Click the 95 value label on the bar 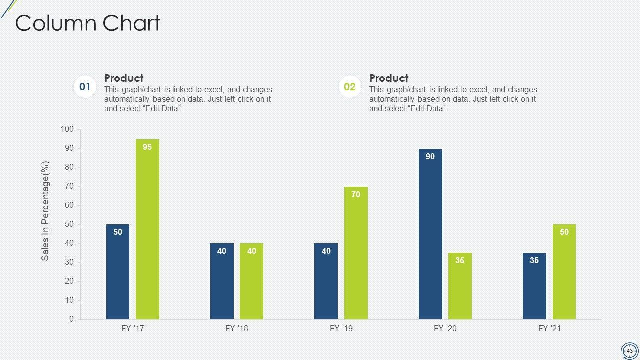147,147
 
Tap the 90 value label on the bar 430,157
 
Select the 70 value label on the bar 356,195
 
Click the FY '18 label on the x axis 237,329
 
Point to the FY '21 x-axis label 549,329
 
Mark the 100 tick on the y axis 67,129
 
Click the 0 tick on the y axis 71,319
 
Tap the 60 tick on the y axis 68,205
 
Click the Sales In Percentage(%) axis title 46,211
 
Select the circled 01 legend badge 85,87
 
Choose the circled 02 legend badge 350,87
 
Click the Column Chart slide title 88,23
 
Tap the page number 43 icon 629,351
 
